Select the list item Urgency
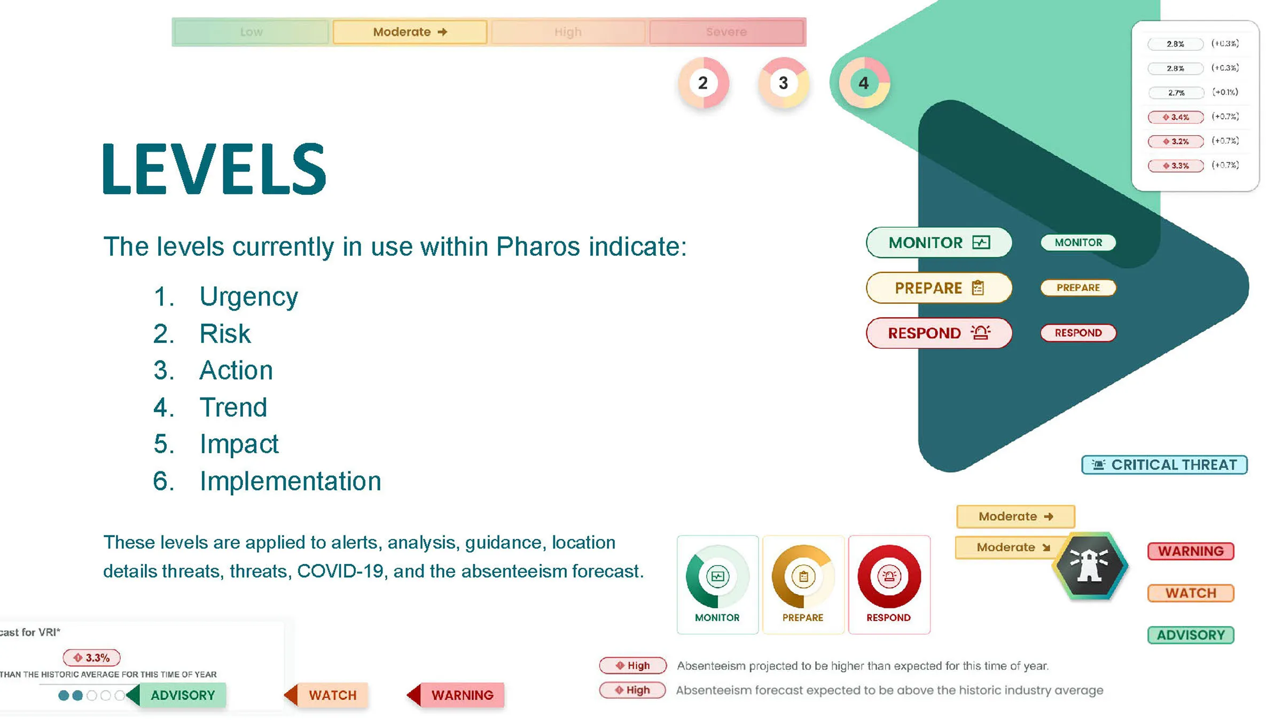(248, 296)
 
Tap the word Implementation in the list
(290, 481)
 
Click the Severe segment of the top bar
(726, 32)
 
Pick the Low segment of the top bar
(251, 32)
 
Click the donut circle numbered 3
(783, 83)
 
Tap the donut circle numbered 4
(863, 83)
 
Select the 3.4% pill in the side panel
(1176, 117)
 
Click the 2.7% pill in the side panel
(1176, 92)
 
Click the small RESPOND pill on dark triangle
(1078, 333)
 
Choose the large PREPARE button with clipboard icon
(939, 288)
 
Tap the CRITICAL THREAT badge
(1164, 465)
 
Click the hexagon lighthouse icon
(1090, 566)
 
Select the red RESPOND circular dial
(889, 577)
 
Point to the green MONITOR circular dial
(717, 577)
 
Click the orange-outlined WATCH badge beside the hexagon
(1191, 593)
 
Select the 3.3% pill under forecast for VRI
(92, 657)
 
